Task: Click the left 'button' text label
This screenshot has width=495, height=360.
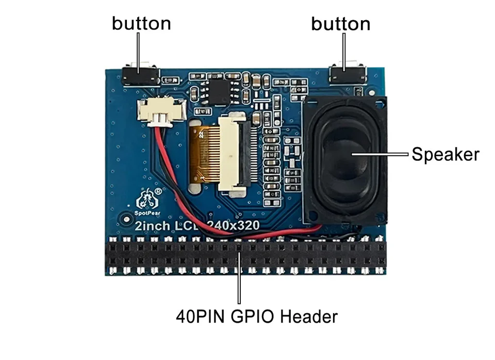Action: pos(141,24)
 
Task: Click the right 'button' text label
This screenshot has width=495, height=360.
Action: pos(340,24)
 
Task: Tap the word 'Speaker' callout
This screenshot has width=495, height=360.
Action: pos(445,154)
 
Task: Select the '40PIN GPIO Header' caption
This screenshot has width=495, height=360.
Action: pos(256,316)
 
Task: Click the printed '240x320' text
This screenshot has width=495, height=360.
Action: pos(232,225)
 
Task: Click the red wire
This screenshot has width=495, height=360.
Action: pos(170,170)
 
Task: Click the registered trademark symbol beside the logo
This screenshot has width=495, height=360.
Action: pos(159,190)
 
